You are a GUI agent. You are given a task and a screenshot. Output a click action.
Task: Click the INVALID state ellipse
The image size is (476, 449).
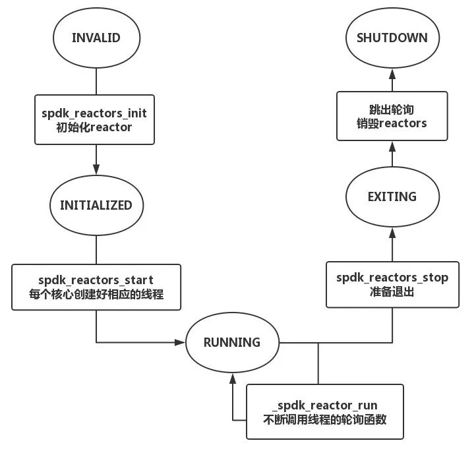coord(96,38)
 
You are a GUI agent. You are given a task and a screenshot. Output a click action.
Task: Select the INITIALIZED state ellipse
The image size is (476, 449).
coord(96,205)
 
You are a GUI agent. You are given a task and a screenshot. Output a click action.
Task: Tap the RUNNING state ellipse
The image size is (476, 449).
coord(231,342)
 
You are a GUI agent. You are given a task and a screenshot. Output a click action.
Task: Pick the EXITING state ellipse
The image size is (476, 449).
coord(392,196)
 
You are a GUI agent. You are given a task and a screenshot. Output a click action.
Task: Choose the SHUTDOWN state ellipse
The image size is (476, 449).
coord(392,38)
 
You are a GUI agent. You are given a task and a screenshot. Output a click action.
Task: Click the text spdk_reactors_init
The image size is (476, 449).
coord(95,113)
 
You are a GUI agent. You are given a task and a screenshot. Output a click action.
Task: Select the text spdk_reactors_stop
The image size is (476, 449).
coord(392,278)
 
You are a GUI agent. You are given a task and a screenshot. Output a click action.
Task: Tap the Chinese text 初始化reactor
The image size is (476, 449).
coord(95,127)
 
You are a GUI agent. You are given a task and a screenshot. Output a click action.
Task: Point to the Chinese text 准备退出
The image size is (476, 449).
coord(392,292)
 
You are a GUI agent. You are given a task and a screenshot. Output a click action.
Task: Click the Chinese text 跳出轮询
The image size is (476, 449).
coord(392,109)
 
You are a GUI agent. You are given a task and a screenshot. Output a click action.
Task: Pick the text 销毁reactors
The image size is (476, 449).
coord(392,123)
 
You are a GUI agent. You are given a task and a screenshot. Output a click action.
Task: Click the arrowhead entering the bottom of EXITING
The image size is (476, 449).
coord(392,231)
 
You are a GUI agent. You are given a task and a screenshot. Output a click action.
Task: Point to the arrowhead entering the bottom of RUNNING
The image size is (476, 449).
coord(231,378)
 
